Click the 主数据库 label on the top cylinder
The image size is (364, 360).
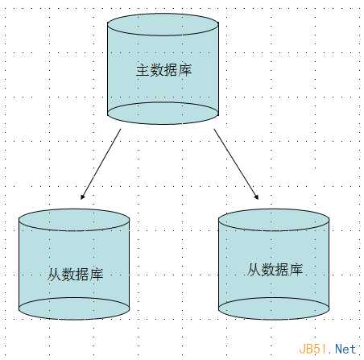click(163, 70)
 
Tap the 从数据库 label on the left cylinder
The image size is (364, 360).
click(75, 274)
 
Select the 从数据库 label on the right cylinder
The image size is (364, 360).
click(275, 269)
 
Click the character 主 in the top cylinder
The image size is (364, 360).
click(143, 70)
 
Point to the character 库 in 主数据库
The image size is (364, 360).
click(184, 70)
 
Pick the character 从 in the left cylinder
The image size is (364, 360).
click(54, 274)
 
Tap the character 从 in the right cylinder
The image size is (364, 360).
click(253, 269)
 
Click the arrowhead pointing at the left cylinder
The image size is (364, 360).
click(82, 197)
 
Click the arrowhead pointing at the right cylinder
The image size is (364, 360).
click(256, 197)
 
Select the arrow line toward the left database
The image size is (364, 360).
click(101, 164)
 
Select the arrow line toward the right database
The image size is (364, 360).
click(236, 164)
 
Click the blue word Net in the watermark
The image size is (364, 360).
click(345, 349)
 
